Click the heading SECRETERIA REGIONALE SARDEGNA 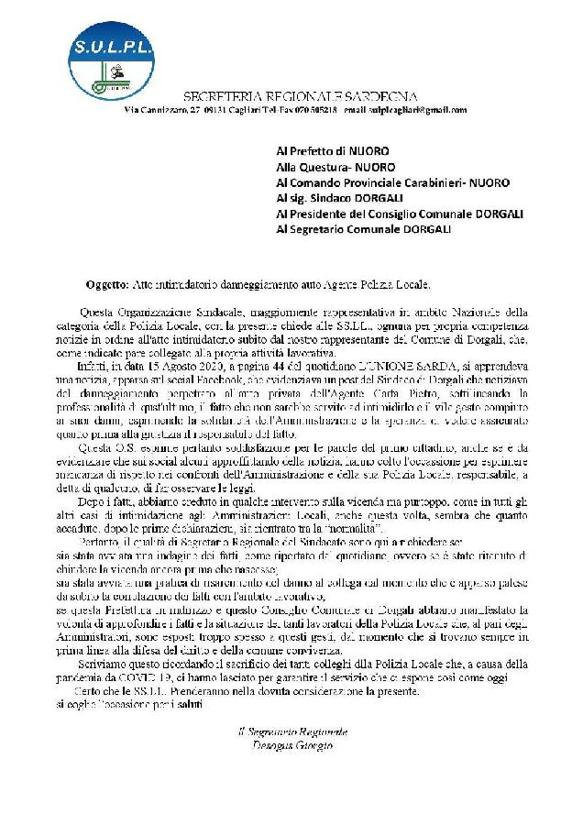pos(300,96)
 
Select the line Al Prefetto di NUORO pos(333,148)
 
